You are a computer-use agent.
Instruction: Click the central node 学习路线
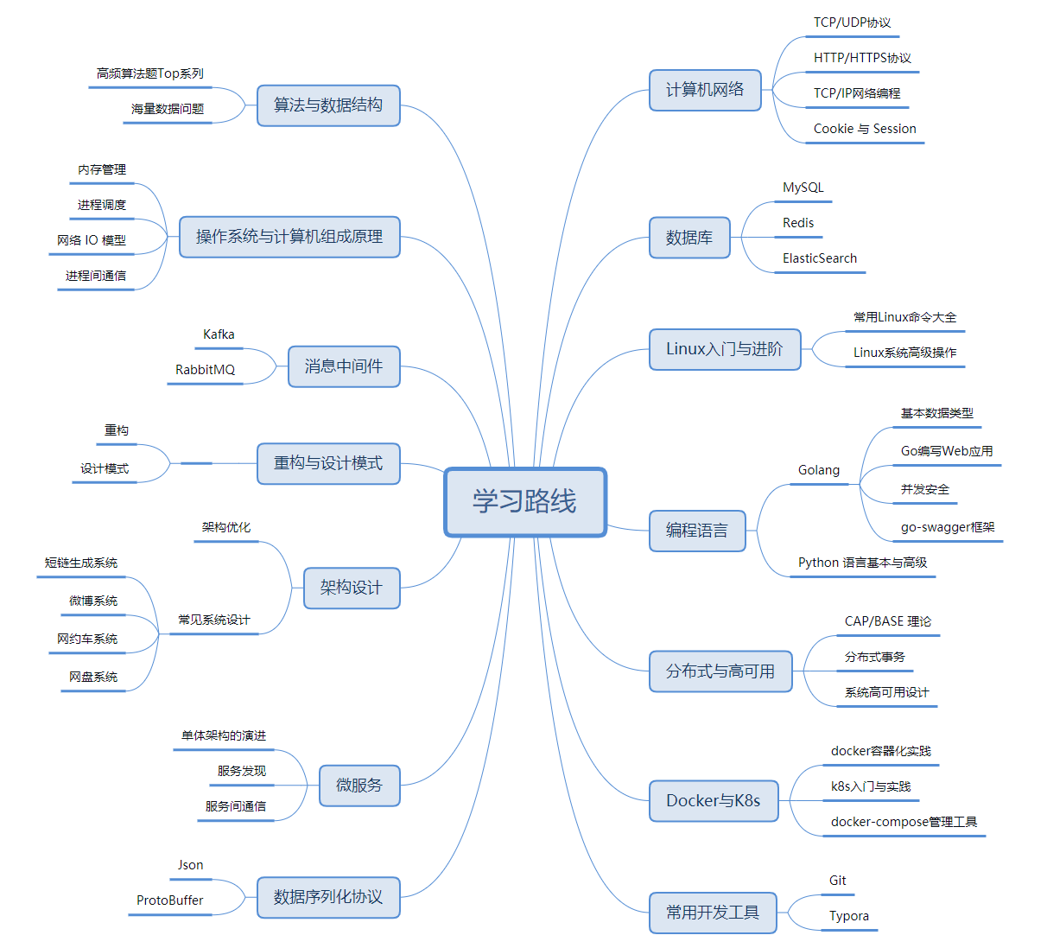point(525,502)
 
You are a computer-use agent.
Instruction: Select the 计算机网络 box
point(705,90)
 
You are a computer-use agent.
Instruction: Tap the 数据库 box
point(689,238)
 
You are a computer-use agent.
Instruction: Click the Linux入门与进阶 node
point(725,349)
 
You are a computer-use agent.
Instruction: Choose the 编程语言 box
point(697,531)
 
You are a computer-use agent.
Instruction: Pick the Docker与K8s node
point(714,801)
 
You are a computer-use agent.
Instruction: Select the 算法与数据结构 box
point(328,105)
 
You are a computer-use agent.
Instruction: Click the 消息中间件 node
point(344,366)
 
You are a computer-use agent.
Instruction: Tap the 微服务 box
point(359,786)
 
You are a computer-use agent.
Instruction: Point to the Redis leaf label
point(798,223)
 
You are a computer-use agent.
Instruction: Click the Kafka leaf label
point(219,334)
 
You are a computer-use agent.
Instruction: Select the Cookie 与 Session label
point(865,129)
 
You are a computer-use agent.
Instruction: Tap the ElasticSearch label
point(820,258)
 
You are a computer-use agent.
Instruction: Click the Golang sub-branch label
point(819,470)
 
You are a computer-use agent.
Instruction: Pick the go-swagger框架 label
point(948,527)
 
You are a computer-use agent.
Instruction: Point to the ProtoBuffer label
point(170,900)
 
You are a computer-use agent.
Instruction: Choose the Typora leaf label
point(849,916)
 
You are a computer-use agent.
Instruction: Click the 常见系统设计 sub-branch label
point(214,620)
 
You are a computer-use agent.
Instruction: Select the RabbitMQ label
point(205,370)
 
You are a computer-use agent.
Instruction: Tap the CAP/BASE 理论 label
point(888,621)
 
